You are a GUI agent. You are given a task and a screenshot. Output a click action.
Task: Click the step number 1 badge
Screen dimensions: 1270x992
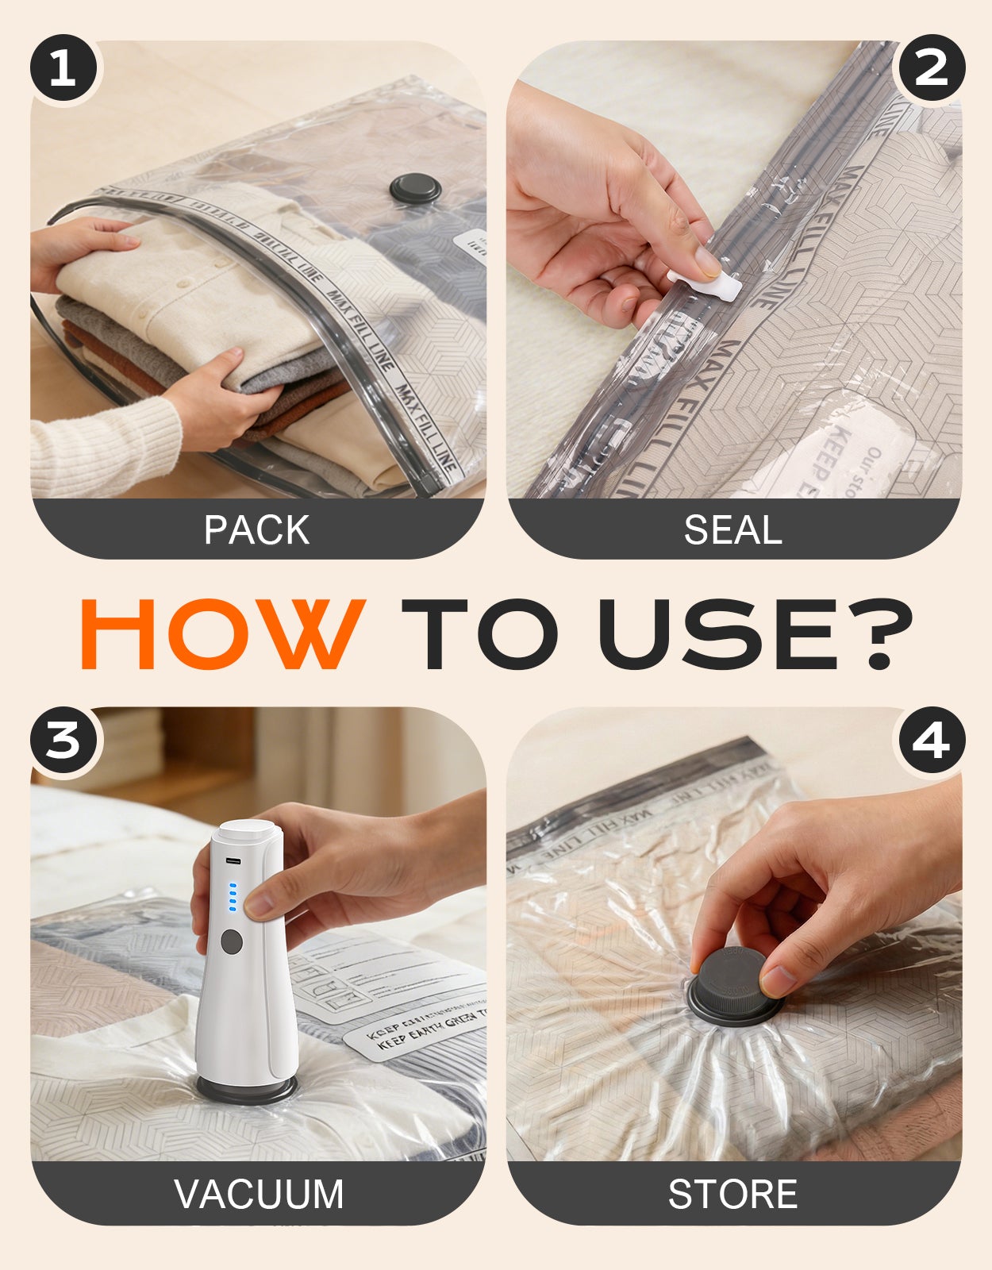click(x=63, y=69)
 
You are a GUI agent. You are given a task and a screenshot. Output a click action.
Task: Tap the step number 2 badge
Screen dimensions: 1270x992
click(x=930, y=67)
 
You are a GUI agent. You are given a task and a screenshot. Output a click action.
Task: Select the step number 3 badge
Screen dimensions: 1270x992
click(x=63, y=741)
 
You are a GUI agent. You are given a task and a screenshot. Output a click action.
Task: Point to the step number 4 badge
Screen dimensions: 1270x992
click(x=930, y=741)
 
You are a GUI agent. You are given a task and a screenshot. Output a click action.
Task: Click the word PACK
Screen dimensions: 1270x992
click(x=256, y=530)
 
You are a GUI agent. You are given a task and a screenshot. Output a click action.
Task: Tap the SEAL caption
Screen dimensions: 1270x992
click(x=732, y=530)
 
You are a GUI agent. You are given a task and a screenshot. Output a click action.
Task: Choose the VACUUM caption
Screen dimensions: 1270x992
click(x=259, y=1194)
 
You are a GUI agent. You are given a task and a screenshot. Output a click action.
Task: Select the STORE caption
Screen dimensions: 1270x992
click(x=732, y=1194)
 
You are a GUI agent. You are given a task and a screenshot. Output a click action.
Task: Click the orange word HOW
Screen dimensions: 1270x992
click(x=222, y=634)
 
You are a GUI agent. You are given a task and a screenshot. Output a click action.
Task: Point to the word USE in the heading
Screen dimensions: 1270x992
click(x=718, y=634)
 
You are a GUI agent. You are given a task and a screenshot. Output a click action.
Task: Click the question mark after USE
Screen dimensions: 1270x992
click(x=886, y=634)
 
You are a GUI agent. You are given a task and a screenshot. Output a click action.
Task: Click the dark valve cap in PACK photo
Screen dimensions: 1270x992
click(x=415, y=189)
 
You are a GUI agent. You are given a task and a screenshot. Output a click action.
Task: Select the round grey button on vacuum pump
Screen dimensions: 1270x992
click(x=232, y=942)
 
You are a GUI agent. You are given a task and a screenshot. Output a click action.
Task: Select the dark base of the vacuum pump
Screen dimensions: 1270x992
click(x=246, y=1089)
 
